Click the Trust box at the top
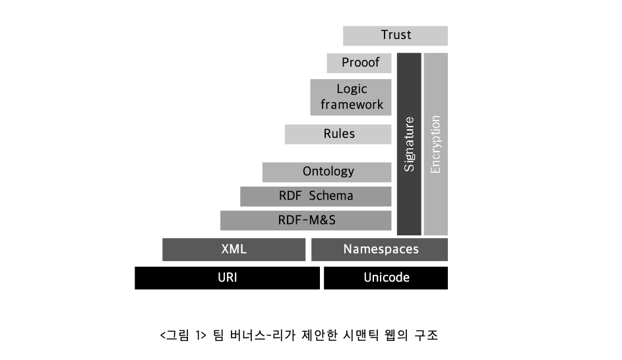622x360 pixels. [395, 36]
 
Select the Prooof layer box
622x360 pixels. [359, 63]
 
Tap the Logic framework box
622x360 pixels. [351, 97]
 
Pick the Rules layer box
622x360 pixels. [338, 134]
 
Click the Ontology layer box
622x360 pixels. [327, 172]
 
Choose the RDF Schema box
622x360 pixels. [316, 196]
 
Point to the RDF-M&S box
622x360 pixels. [306, 220]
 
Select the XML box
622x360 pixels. [233, 249]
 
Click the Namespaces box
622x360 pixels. [380, 249]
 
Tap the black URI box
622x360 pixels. [228, 278]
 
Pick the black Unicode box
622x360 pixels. [386, 278]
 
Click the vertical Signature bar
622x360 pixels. [409, 144]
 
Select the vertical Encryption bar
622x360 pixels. [436, 144]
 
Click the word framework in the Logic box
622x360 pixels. [352, 105]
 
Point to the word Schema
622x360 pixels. [331, 196]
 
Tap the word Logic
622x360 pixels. [352, 89]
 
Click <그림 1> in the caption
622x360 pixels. [183, 336]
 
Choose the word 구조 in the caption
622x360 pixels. [426, 336]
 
